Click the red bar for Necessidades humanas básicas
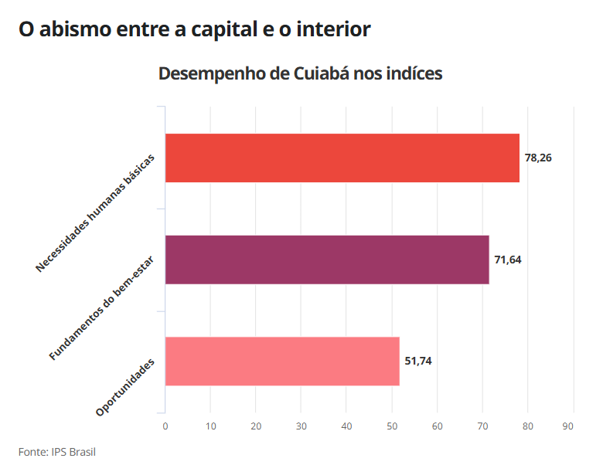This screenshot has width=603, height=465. tap(342, 158)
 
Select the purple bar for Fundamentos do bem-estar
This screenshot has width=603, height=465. tap(327, 260)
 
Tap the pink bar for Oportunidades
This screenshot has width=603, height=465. tap(282, 361)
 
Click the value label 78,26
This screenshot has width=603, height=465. tap(538, 158)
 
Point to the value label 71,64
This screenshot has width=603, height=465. tap(508, 260)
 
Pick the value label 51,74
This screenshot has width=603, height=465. tap(418, 361)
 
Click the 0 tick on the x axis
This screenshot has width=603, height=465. tap(165, 426)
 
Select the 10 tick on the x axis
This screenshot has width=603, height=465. tap(211, 426)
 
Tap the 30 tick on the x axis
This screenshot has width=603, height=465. tap(301, 426)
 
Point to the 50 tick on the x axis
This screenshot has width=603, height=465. tap(392, 426)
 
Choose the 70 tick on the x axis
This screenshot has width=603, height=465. tap(482, 426)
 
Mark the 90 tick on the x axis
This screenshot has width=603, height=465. tap(567, 426)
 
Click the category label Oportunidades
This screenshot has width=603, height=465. tap(125, 387)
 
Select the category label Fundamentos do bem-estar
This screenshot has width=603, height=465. tap(101, 308)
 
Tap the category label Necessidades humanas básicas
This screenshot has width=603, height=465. tap(95, 213)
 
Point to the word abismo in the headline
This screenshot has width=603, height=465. tap(76, 29)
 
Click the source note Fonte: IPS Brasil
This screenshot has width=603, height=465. tap(57, 452)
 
